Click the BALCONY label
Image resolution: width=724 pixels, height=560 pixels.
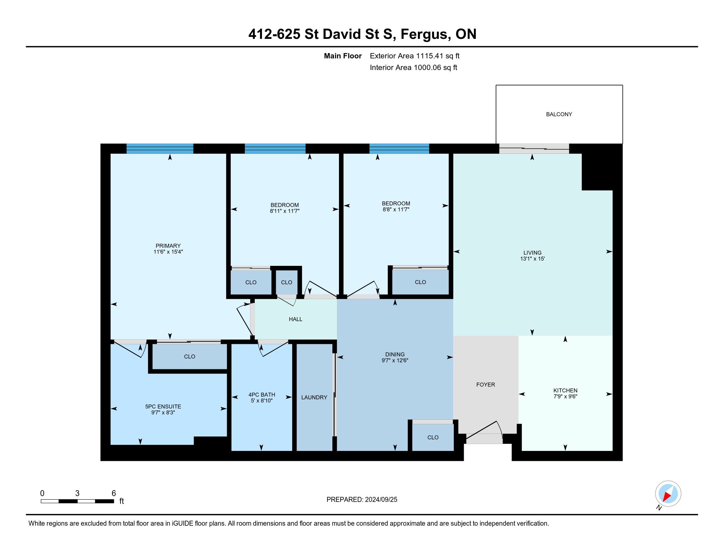(559, 114)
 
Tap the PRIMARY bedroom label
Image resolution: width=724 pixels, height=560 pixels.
(168, 246)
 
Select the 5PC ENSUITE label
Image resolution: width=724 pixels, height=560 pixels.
(163, 406)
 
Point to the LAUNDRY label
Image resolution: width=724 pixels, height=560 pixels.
(314, 398)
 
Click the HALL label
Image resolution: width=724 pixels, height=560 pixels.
(296, 319)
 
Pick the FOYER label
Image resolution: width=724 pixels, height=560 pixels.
(486, 384)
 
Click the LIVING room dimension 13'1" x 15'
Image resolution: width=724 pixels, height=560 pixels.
(532, 259)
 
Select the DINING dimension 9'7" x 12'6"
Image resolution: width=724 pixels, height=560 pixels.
(395, 360)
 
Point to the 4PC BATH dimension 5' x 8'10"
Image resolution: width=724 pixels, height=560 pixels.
(262, 401)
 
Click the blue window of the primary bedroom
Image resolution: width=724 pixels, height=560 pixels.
(160, 149)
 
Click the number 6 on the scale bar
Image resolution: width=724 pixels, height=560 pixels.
(114, 493)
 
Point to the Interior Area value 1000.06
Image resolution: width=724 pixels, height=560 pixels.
(427, 68)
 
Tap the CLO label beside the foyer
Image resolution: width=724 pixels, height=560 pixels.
(433, 437)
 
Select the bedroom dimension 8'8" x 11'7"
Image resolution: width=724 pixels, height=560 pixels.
(396, 210)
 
